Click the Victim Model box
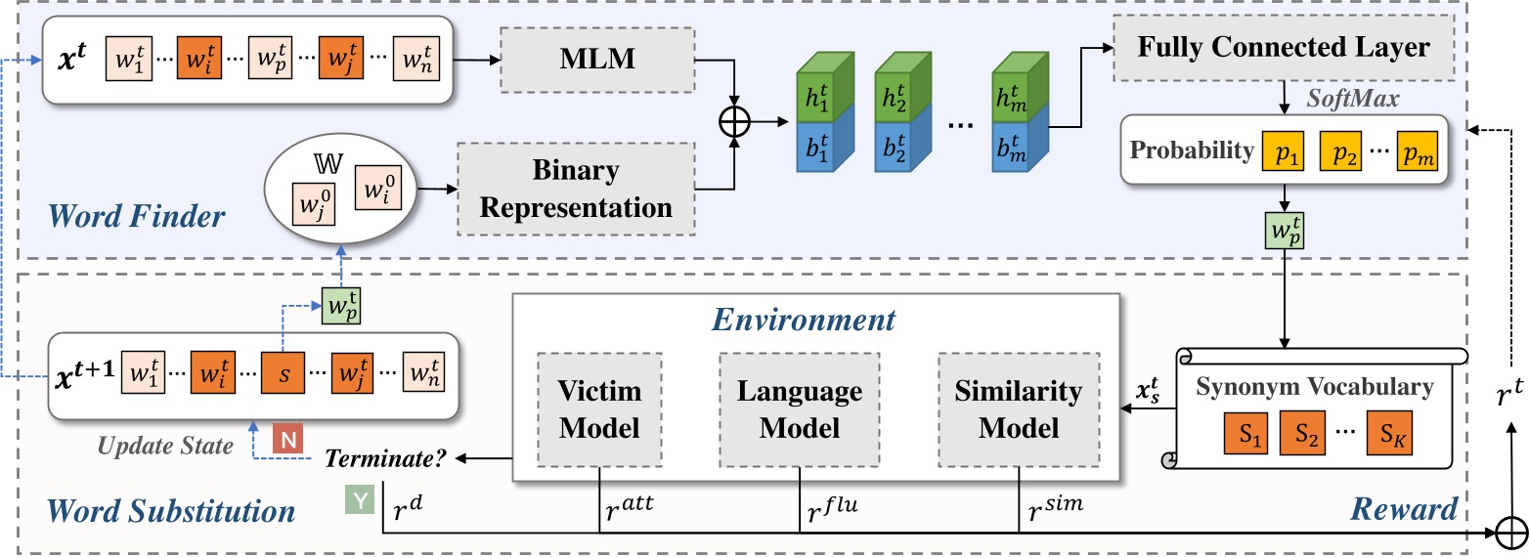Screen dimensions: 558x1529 click(x=599, y=409)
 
